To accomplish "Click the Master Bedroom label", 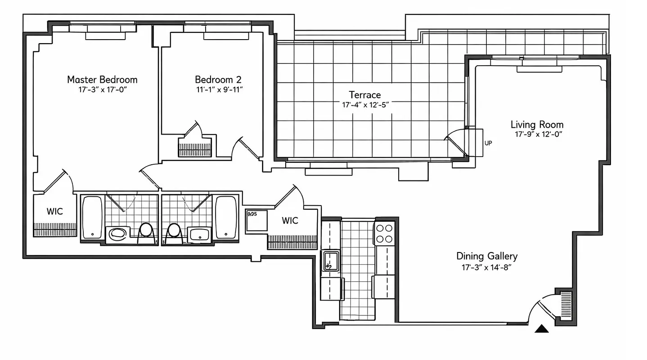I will pos(102,80).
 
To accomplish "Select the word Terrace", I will pos(365,94).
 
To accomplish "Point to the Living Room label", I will pos(537,125).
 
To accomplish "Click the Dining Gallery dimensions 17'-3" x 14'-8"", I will pos(487,267).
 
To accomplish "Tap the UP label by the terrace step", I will pos(488,143).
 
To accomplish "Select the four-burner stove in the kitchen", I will pos(384,233).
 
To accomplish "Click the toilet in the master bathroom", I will pos(145,232).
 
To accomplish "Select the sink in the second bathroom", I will pos(198,234).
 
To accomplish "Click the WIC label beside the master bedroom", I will pos(55,211).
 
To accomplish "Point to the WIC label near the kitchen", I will pos(290,220).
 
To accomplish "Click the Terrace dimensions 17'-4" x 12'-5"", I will pos(365,105).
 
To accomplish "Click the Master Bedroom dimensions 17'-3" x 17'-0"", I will pos(102,90).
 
